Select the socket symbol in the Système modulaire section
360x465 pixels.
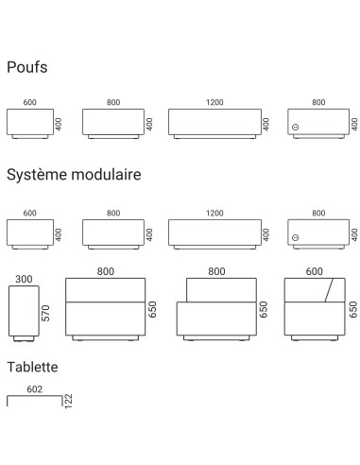coord(295,237)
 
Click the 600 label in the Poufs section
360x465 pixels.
coord(30,103)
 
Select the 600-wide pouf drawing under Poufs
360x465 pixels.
coord(30,124)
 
